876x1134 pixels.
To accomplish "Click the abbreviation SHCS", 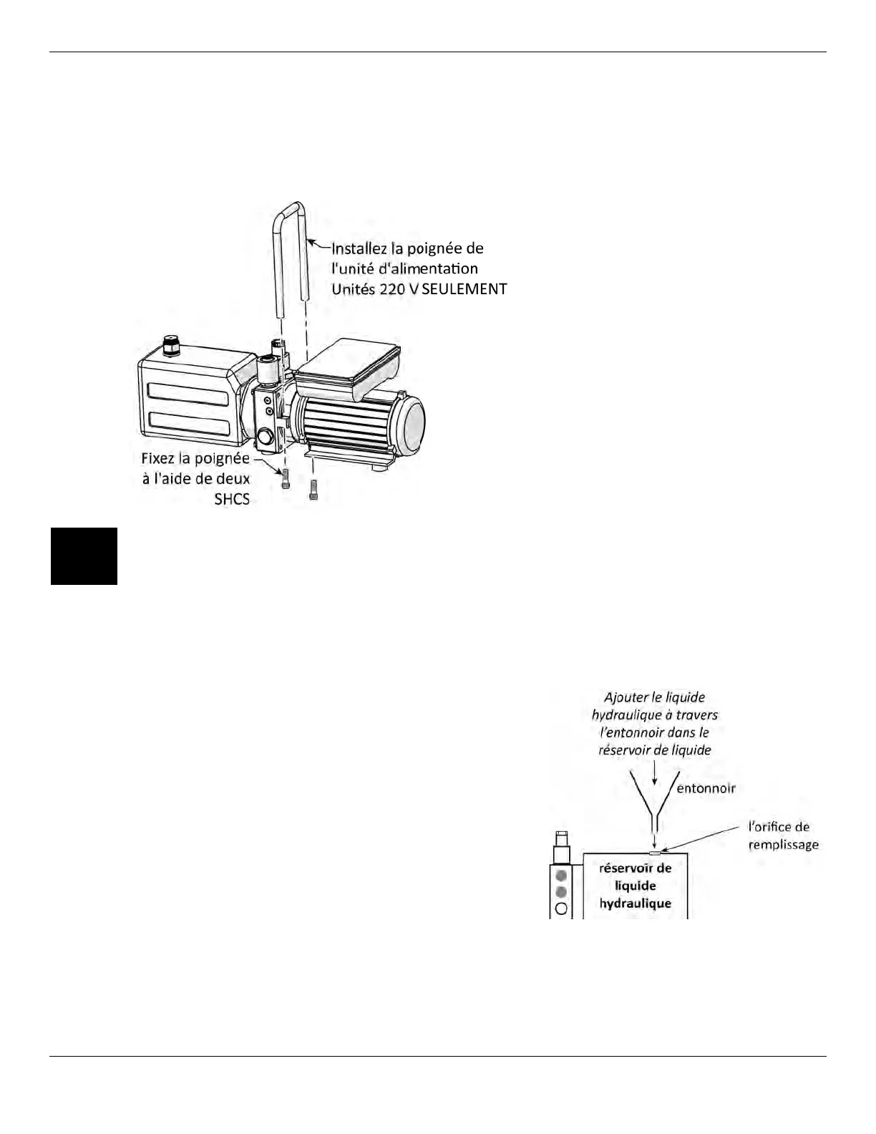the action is click(232, 499).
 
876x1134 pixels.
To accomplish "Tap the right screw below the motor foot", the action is click(313, 489).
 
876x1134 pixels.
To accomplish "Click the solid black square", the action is click(84, 556).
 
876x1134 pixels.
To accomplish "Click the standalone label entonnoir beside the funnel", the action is click(706, 788).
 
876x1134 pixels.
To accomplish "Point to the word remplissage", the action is click(783, 845).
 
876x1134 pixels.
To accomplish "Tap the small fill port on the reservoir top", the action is click(654, 853).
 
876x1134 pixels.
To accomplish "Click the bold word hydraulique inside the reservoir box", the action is click(635, 903).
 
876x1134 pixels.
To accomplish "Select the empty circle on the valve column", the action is click(561, 908).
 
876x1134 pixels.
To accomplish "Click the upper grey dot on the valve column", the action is click(561, 875).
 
